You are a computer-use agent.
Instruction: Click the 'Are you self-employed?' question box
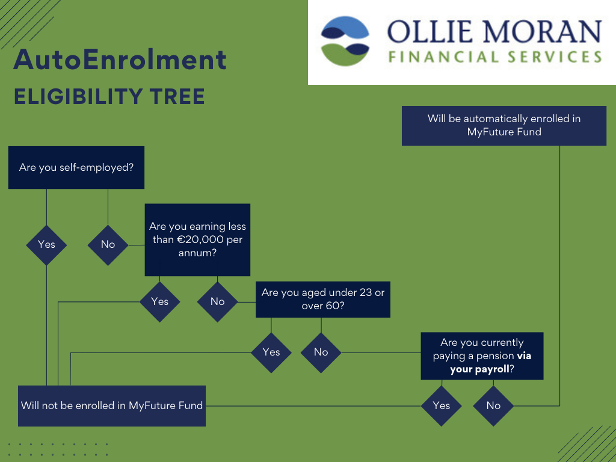pos(76,167)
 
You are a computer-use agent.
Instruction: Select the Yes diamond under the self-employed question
pos(46,244)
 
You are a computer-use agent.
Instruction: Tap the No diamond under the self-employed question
pos(108,244)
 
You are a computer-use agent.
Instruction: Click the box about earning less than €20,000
pos(197,240)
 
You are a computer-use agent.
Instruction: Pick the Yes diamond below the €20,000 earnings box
pos(159,301)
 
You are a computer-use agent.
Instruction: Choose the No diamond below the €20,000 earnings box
pos(217,301)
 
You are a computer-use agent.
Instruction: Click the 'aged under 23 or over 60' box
pos(322,300)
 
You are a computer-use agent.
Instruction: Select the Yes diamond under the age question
pos(271,352)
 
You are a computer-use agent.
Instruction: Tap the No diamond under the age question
pos(321,352)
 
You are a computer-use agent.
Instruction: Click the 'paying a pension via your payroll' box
pos(482,356)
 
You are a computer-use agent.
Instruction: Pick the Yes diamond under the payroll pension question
pos(441,405)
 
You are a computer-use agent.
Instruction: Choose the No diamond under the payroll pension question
pos(493,405)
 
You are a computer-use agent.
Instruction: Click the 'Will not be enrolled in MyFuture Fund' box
pos(112,405)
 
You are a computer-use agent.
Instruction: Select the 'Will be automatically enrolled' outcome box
pos(504,125)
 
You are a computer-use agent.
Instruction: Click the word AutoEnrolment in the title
pos(120,60)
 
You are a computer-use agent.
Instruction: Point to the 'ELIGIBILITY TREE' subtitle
pos(109,96)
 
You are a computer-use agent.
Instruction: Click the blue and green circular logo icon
pos(345,41)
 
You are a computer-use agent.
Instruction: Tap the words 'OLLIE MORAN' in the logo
pos(493,32)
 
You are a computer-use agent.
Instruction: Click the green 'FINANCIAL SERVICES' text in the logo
pos(494,58)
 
